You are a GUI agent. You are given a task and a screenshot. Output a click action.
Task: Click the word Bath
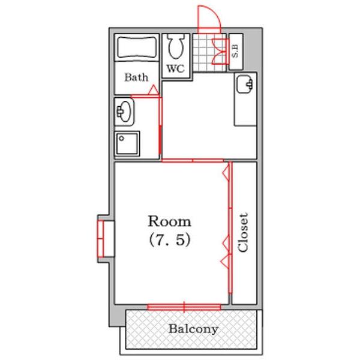(136, 77)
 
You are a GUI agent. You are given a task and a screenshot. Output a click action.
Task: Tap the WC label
(176, 68)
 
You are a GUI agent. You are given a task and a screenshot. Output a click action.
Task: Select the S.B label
(236, 51)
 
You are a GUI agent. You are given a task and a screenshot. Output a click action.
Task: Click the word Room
(169, 221)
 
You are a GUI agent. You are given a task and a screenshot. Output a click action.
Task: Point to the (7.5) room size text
(170, 240)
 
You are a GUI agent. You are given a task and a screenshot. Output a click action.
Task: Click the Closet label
(243, 233)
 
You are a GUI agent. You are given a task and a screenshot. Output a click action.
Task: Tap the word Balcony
(193, 329)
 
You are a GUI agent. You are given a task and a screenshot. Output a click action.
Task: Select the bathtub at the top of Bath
(137, 47)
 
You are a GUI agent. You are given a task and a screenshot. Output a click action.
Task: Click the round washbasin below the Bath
(124, 112)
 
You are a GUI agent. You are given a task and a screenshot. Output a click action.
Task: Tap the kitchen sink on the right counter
(245, 84)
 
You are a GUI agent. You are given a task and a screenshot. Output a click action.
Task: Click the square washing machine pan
(127, 144)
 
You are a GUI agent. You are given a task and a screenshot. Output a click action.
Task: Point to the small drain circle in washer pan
(122, 139)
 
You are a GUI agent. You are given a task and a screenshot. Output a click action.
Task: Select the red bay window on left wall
(101, 238)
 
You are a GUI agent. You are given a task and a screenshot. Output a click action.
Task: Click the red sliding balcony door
(184, 307)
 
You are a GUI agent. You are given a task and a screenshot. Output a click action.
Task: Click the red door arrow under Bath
(154, 89)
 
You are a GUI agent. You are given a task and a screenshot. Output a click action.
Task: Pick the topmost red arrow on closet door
(226, 172)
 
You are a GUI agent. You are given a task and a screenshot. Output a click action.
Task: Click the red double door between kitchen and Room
(193, 160)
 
